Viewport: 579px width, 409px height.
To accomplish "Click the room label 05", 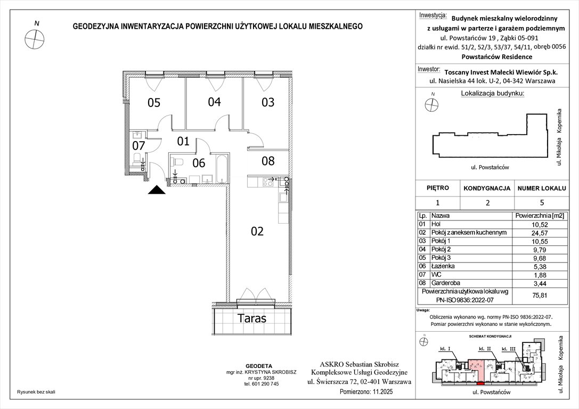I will pyautogui.click(x=154, y=102).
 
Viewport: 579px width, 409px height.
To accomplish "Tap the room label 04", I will pyautogui.click(x=214, y=102).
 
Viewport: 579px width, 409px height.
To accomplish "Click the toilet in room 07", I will pyautogui.click(x=137, y=159).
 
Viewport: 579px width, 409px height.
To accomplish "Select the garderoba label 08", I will pyautogui.click(x=268, y=160).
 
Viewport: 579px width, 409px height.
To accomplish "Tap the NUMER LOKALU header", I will pyautogui.click(x=540, y=188).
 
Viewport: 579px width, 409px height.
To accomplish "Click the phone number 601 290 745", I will pyautogui.click(x=262, y=384).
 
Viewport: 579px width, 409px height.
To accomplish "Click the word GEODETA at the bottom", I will pyautogui.click(x=261, y=360).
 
